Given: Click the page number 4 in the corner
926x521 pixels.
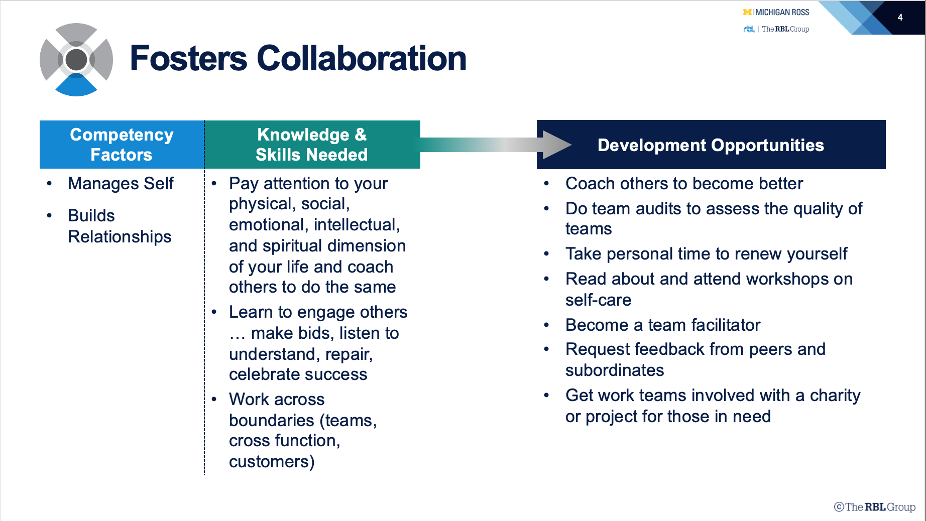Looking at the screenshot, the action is click(x=900, y=18).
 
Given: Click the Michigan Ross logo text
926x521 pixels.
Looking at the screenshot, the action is click(x=776, y=12).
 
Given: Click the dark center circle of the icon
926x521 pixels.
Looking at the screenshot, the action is click(x=76, y=60).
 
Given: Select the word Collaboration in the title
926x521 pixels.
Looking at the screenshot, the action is click(x=362, y=58).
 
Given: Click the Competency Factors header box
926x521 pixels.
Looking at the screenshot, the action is click(x=122, y=145).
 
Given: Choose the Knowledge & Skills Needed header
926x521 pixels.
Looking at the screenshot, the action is click(x=312, y=145).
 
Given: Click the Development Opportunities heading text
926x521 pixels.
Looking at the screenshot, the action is click(x=711, y=145).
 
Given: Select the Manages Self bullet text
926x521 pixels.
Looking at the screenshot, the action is click(x=121, y=184).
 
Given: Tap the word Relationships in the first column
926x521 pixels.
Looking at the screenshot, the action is click(x=120, y=237).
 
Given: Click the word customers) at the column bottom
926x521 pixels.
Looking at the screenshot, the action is click(x=272, y=462).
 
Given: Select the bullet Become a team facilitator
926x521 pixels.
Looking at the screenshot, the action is click(x=663, y=325).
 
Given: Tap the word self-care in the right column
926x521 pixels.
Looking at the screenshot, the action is click(x=598, y=300).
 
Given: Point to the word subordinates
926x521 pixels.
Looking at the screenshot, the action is click(x=615, y=370).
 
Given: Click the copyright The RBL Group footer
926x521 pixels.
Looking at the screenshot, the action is click(x=875, y=507).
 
